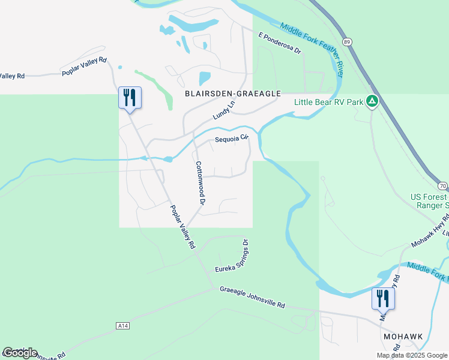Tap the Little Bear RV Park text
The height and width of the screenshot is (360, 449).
(329, 101)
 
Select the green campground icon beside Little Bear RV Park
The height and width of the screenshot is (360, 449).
(373, 101)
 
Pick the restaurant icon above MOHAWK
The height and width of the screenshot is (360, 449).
(382, 298)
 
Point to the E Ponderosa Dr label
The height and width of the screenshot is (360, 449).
(279, 43)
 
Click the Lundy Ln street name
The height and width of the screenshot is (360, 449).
(224, 110)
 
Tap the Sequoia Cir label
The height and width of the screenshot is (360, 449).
(232, 140)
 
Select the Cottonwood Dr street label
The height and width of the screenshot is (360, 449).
(200, 184)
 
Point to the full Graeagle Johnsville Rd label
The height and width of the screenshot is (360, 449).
(252, 296)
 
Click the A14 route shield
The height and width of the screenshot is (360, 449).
(122, 326)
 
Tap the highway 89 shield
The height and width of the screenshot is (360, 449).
(347, 41)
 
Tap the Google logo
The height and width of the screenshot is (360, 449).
(20, 353)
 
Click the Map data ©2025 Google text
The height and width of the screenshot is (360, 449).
(412, 355)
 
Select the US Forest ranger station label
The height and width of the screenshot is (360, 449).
(429, 200)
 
